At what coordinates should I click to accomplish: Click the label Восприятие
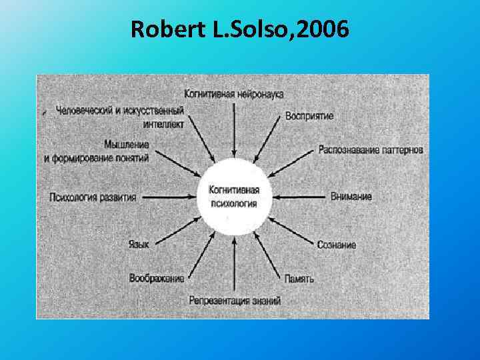coord(309,116)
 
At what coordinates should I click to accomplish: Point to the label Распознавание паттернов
coord(371,149)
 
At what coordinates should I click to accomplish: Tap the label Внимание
coord(351,197)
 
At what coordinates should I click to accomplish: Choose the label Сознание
coord(337,245)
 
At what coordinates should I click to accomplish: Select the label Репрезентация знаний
coord(235,301)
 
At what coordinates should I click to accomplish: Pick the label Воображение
coord(157,278)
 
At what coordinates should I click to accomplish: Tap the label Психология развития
coord(93,197)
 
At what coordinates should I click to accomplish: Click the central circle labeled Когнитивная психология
coord(234,197)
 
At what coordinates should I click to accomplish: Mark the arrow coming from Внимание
coord(300,197)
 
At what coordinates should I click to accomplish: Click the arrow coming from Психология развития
coord(169,197)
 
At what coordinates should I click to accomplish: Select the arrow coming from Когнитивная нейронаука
coord(234,130)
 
